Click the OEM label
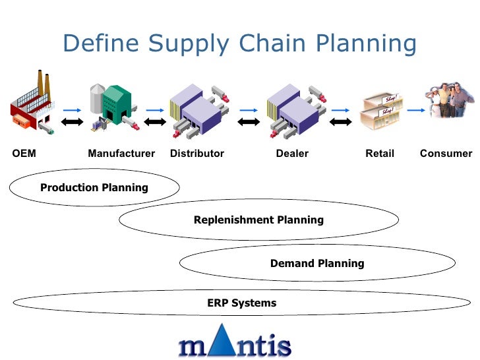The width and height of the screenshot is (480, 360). pos(24,154)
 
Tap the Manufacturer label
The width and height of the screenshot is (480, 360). pos(121,154)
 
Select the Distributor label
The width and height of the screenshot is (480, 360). pos(197,154)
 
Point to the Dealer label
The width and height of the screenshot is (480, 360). pos(292,154)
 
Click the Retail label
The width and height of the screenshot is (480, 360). pos(380,154)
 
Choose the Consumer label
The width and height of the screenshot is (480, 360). pos(446,154)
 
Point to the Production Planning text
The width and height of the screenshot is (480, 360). pos(94,188)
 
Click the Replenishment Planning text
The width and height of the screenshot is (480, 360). pos(258,220)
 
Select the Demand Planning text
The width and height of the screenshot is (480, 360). pos(317,263)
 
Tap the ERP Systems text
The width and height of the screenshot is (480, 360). pos(242,303)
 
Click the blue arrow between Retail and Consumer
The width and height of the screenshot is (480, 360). pos(415,110)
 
